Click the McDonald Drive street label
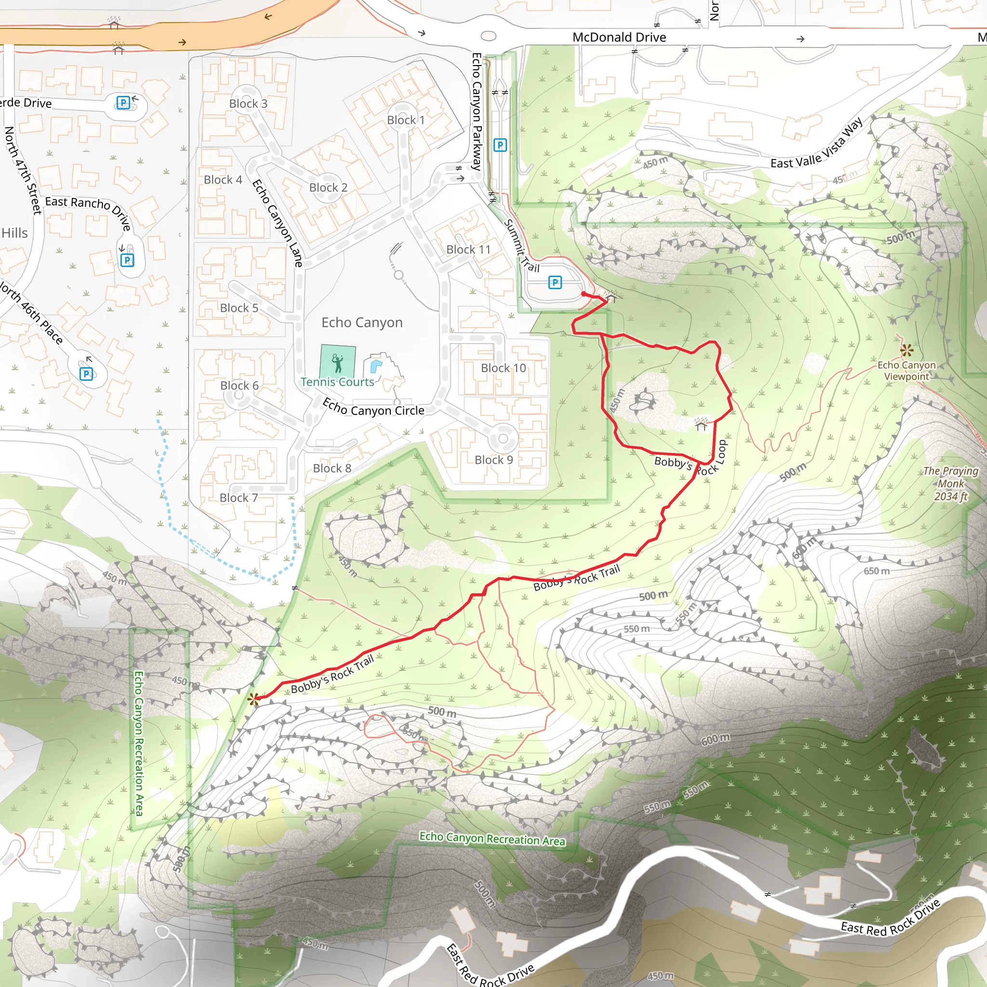point(619,37)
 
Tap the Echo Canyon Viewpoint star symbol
point(907,350)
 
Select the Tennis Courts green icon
point(337,362)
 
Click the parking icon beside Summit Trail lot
point(555,282)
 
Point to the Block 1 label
point(406,120)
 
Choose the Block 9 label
point(493,460)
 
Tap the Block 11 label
point(468,249)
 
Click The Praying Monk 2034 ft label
point(950,483)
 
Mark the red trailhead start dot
point(584,294)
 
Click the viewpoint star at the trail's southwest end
point(253,699)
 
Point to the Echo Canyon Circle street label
point(373,408)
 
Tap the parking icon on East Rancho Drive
point(127,261)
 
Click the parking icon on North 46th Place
point(86,373)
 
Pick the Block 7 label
point(239,497)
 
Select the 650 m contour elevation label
point(876,571)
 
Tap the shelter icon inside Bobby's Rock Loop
point(701,424)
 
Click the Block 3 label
point(248,104)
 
